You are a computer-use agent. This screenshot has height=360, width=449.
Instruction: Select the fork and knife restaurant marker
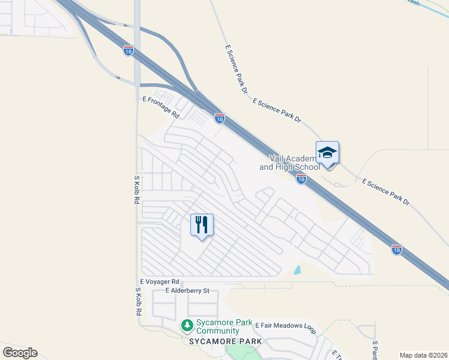[x=202, y=225]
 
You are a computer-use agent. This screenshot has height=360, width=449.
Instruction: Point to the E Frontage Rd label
[x=160, y=106]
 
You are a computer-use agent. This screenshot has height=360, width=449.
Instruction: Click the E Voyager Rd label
[x=160, y=281]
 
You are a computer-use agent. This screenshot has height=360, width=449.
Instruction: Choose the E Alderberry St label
[x=180, y=291]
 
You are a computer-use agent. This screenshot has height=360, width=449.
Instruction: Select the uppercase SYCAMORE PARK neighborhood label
[x=226, y=341]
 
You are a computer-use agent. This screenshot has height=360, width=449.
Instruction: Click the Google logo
[x=20, y=353]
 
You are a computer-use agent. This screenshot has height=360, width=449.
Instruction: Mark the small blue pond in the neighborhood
[x=298, y=270]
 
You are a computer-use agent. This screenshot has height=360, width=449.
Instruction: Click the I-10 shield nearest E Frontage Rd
[x=220, y=119]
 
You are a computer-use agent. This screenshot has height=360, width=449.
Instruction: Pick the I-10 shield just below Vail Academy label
[x=301, y=178]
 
